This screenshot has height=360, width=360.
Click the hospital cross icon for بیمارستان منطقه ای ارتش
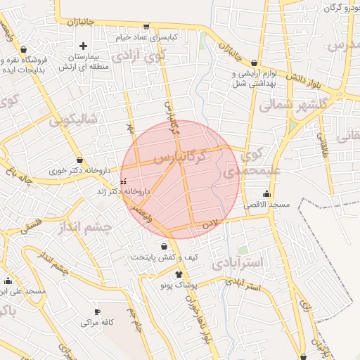click(83, 46)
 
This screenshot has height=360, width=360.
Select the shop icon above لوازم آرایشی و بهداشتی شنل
click(254, 63)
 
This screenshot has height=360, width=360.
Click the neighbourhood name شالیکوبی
click(72, 120)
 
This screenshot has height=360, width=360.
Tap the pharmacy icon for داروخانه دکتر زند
click(124, 181)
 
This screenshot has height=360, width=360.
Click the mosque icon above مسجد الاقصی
click(266, 194)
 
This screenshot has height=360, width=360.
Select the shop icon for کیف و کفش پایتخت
click(165, 247)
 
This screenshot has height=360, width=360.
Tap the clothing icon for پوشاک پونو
click(179, 274)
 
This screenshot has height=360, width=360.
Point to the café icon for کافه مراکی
click(98, 311)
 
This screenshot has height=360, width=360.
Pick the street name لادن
click(212, 224)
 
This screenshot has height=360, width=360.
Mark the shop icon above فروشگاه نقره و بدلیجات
click(25, 50)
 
